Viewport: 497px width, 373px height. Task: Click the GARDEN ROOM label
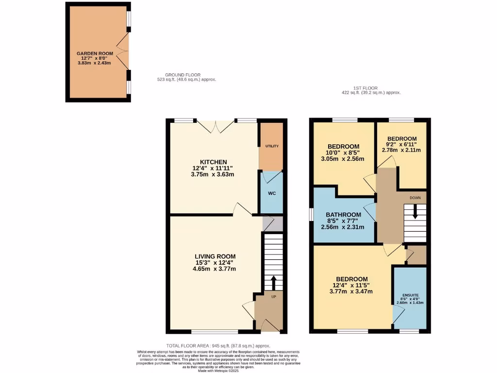(95, 53)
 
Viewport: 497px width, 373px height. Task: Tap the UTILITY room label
(272, 146)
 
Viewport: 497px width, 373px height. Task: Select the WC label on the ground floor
(272, 193)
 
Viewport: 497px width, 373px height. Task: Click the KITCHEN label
(214, 162)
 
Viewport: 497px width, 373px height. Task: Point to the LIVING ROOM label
(215, 256)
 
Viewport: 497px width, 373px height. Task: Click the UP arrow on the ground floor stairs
(273, 282)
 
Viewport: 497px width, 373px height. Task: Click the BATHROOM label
(343, 215)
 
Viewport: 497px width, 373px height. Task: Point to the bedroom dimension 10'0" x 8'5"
(343, 153)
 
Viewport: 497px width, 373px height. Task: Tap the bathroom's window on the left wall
(311, 215)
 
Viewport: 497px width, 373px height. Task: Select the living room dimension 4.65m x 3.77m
(215, 269)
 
